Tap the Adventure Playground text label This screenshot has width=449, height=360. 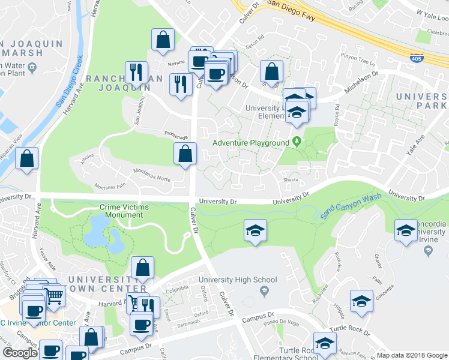252,143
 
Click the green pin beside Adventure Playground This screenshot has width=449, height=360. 297,142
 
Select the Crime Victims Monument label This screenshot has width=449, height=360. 125,210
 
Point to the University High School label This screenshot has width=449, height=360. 238,280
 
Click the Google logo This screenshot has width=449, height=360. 20,352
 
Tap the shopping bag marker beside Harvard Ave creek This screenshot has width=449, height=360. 27,160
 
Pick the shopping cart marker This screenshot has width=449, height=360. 53,296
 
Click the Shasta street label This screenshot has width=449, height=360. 291,178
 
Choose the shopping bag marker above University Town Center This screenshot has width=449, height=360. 142,268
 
